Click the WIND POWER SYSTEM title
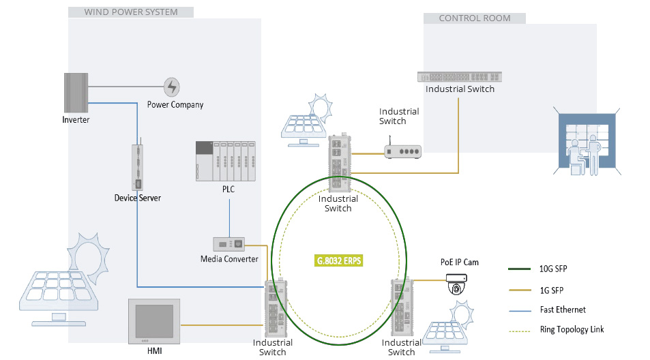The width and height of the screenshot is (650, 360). [130, 12]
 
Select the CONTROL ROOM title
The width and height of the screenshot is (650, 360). [474, 18]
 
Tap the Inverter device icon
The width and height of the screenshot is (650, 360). [76, 93]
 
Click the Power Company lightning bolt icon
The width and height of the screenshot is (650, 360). [171, 87]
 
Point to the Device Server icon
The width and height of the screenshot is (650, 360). [138, 167]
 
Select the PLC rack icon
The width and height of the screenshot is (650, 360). [226, 161]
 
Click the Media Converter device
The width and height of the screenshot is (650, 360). [229, 244]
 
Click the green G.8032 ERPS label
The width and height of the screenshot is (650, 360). [338, 260]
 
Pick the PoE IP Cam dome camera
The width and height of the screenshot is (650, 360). [456, 284]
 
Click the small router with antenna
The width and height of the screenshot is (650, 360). [402, 151]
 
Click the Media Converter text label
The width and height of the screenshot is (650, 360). [229, 259]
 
